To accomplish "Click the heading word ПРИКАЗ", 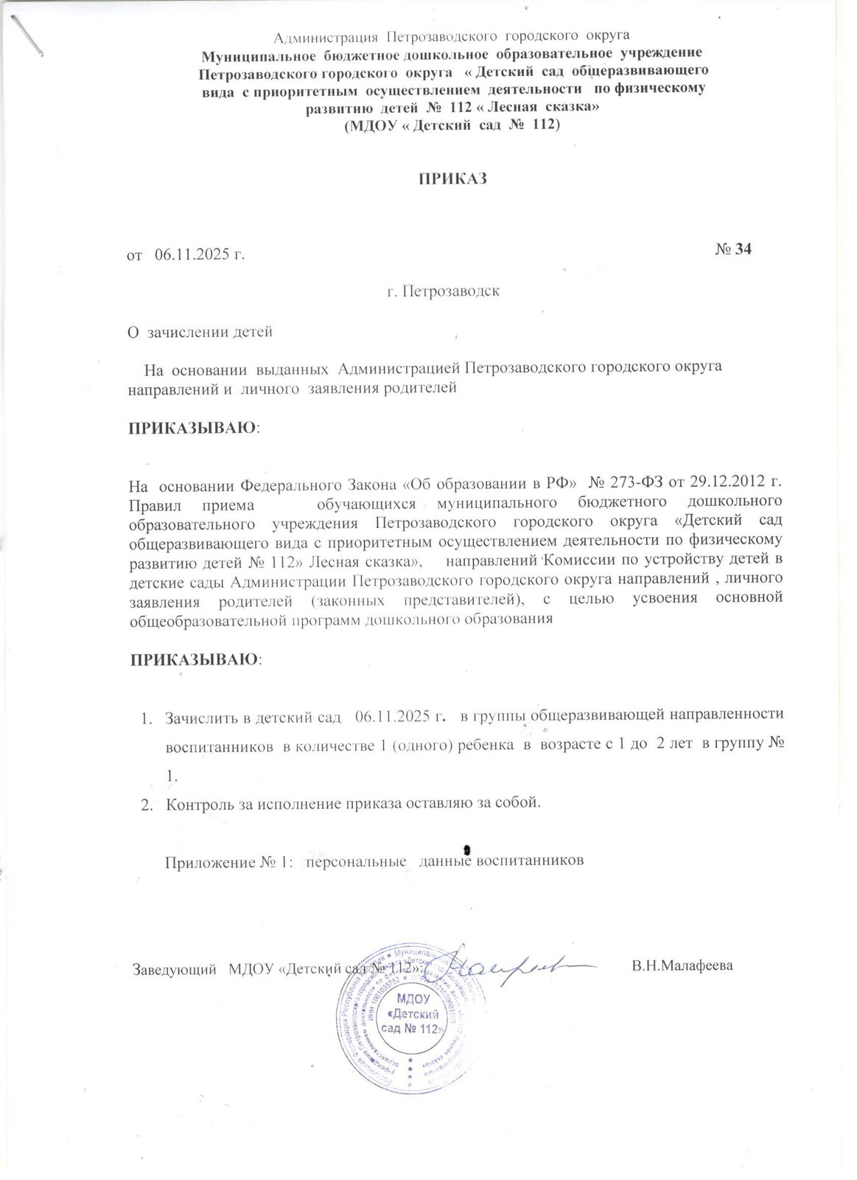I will coord(454,179).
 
